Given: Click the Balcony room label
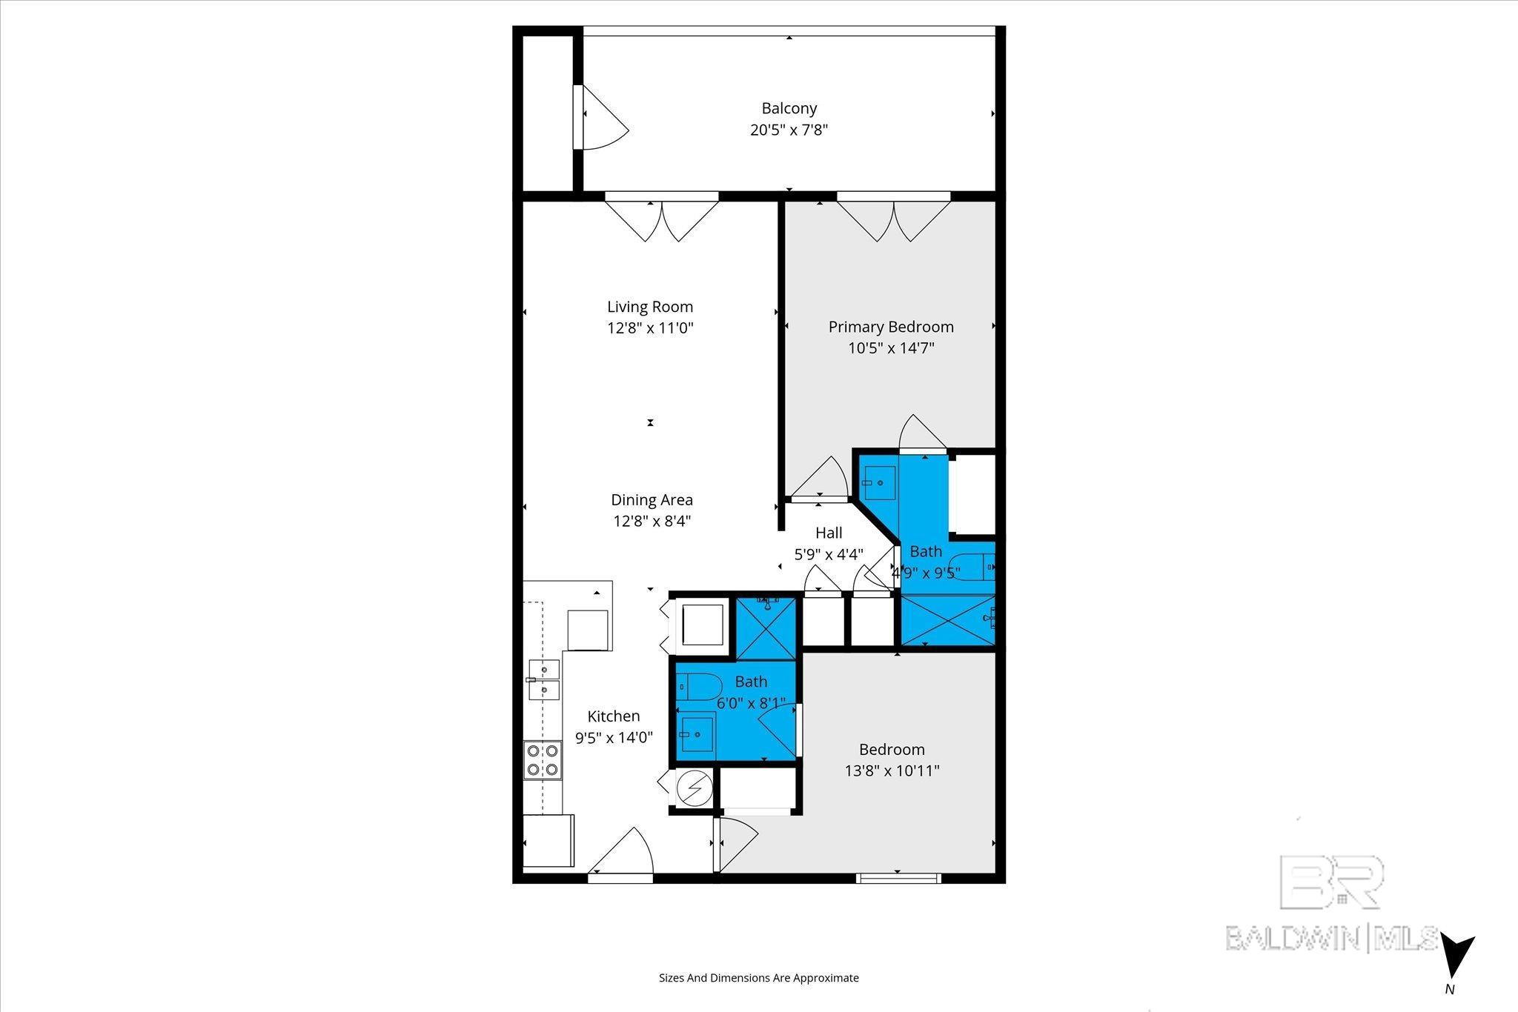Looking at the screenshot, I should pos(789,108).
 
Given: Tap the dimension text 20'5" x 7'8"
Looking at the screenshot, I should pos(789,130).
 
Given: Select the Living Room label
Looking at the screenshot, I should pos(650,307).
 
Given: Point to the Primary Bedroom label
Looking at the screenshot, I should pos(890,327).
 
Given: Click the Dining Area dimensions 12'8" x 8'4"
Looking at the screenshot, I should pos(652,521).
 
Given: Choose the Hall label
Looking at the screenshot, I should pos(829,533).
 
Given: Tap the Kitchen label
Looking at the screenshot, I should pos(613,716).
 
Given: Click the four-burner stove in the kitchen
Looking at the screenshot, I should pos(543,760).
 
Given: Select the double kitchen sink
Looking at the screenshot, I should pos(543,679).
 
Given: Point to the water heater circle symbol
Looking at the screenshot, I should pos(695,789).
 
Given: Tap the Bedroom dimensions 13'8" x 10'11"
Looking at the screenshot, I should pos(892,770).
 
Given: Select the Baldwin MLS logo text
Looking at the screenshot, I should pos(1332,938).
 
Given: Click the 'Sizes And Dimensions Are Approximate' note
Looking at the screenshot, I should pos(758,978).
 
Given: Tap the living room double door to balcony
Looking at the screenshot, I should pos(661,217).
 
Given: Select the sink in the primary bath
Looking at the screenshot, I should pos(879,483).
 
